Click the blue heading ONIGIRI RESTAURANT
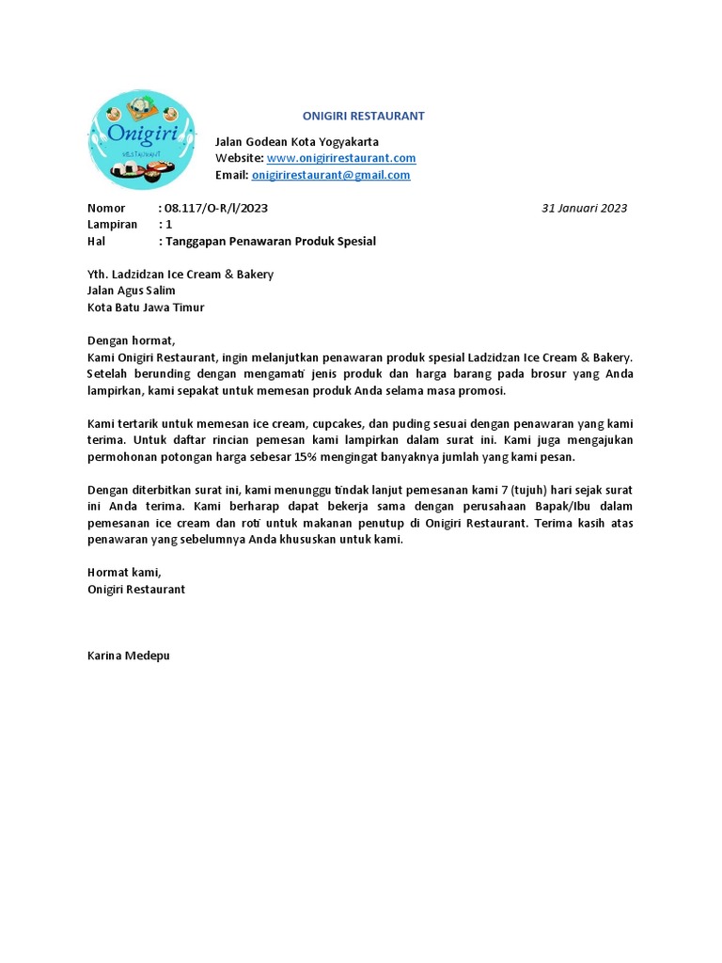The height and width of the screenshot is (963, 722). [363, 116]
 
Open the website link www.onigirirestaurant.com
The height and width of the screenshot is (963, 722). [341, 158]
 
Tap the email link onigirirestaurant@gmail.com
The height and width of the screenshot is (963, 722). [331, 175]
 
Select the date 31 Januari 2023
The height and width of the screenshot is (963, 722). [584, 208]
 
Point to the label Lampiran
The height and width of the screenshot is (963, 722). [112, 225]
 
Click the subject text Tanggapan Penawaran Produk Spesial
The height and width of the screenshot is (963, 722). [271, 242]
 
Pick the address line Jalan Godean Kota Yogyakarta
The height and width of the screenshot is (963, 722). [297, 141]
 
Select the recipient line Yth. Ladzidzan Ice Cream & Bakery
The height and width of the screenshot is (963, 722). [180, 274]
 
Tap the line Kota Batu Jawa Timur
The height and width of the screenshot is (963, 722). [146, 308]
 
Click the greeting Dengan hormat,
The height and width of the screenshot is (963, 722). [132, 340]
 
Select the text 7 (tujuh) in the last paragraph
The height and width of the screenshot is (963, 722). [499, 490]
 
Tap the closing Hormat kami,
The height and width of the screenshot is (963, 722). [124, 573]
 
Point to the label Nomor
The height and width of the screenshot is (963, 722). [105, 208]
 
